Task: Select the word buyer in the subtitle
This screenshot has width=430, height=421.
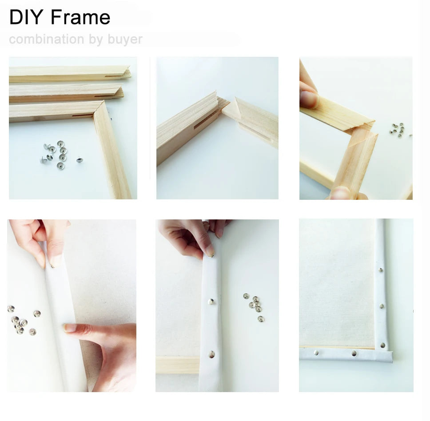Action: (125, 39)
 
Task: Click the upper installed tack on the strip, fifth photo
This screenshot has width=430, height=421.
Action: (211, 302)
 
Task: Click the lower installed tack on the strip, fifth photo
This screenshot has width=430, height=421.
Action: (211, 354)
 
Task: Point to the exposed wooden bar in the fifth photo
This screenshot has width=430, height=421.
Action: (177, 365)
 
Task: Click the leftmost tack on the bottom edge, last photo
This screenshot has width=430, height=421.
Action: (315, 353)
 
